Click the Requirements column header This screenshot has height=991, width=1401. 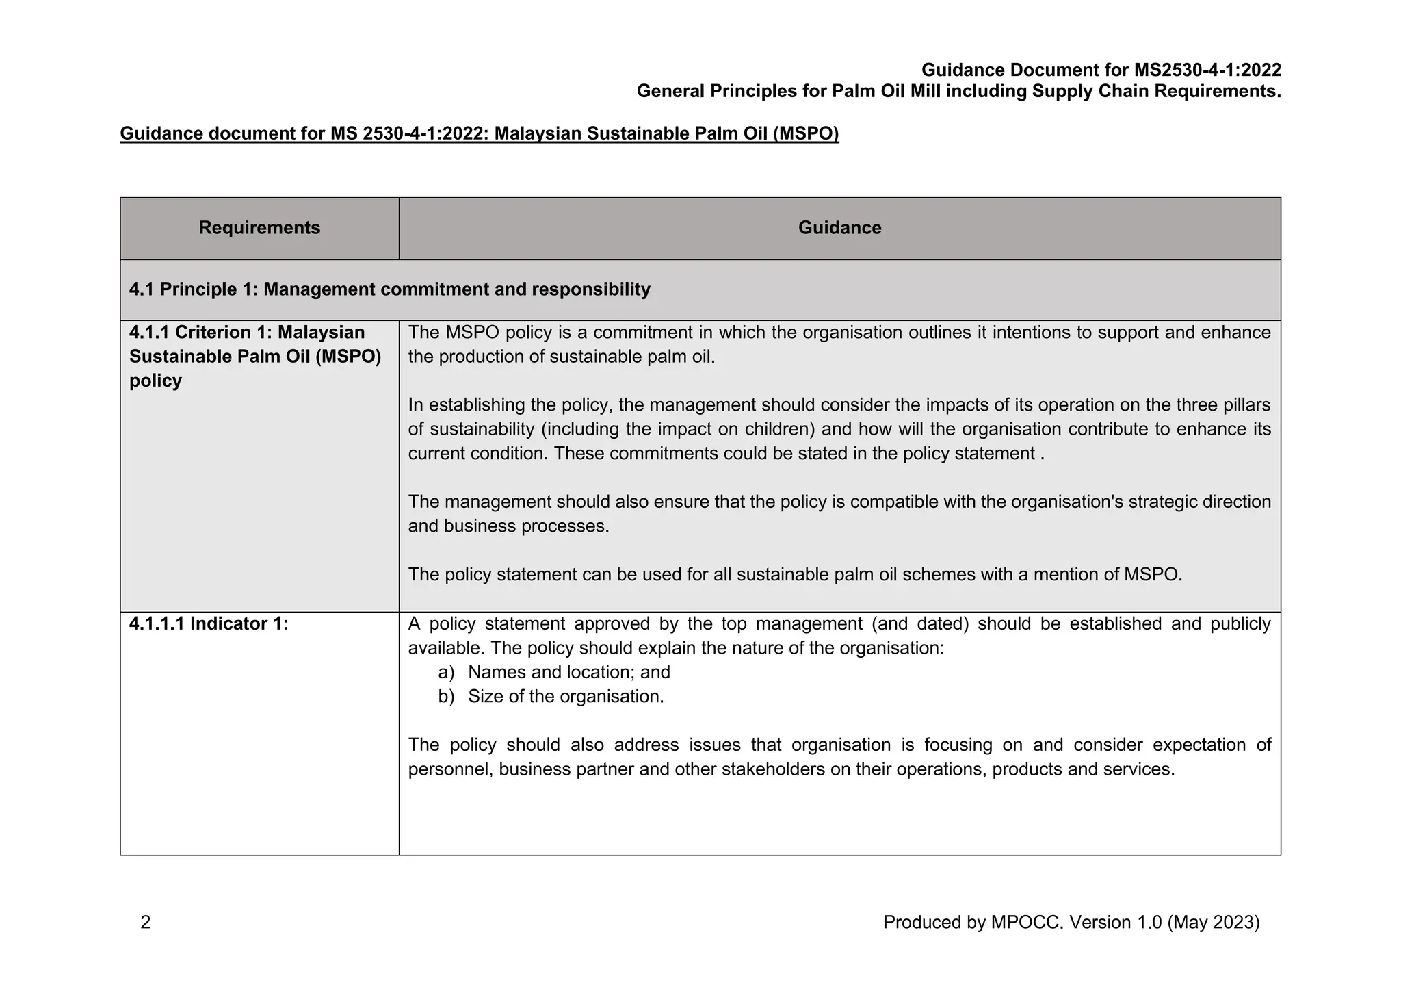(x=259, y=228)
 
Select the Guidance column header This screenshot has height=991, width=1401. (x=839, y=228)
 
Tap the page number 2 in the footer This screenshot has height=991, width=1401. (x=145, y=923)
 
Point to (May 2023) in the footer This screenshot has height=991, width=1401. (x=1214, y=923)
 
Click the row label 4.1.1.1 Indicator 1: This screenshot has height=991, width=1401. (x=209, y=624)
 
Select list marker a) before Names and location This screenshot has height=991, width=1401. (x=446, y=673)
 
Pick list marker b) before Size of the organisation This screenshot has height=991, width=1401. (x=446, y=697)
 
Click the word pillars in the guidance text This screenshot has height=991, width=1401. (x=1238, y=405)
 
